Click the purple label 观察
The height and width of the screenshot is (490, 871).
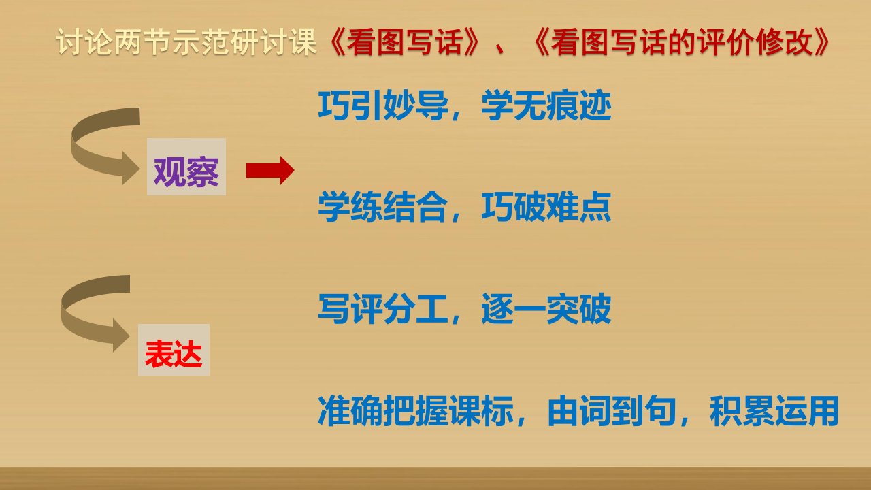(186, 172)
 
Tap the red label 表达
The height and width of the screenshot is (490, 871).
(174, 353)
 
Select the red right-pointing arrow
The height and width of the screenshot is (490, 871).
(270, 170)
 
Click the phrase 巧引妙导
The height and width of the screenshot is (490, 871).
(383, 105)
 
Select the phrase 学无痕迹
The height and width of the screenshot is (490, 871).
(546, 105)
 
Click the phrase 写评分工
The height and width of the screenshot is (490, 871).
(383, 309)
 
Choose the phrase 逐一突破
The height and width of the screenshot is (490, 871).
(546, 309)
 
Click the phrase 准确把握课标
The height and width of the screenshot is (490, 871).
(416, 410)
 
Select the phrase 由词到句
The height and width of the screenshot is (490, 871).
(612, 410)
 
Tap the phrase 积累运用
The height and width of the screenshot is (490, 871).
(774, 410)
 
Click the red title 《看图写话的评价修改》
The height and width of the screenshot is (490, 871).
(680, 42)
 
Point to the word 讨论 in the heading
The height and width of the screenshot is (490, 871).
(85, 42)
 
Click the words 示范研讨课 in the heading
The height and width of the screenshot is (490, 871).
(245, 42)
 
